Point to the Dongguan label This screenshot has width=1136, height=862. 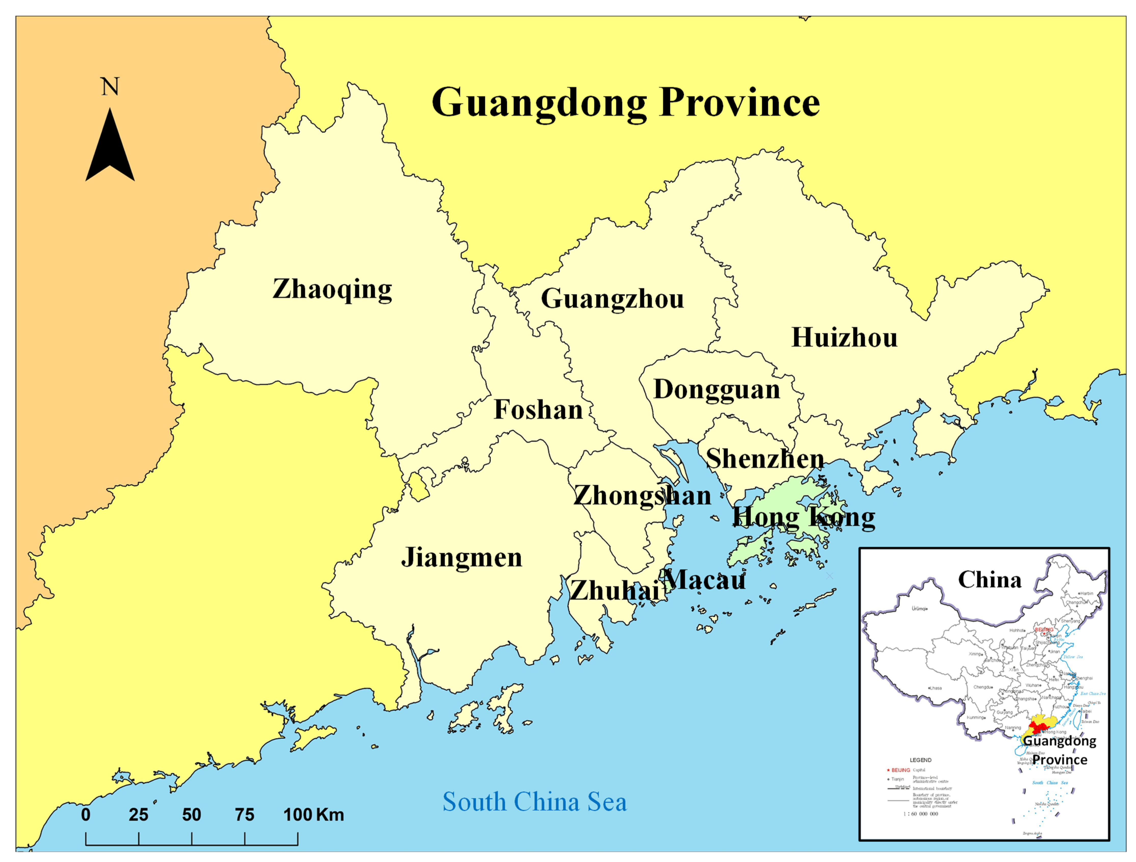click(x=716, y=390)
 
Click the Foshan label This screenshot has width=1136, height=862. click(x=538, y=410)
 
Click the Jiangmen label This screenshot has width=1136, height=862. click(x=461, y=558)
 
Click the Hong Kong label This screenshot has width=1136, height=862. click(x=804, y=517)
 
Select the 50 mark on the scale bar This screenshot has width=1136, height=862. click(x=191, y=815)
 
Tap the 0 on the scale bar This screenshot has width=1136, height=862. click(x=86, y=815)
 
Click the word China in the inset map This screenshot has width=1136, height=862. click(x=989, y=580)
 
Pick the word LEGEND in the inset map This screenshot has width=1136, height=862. click(x=920, y=760)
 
